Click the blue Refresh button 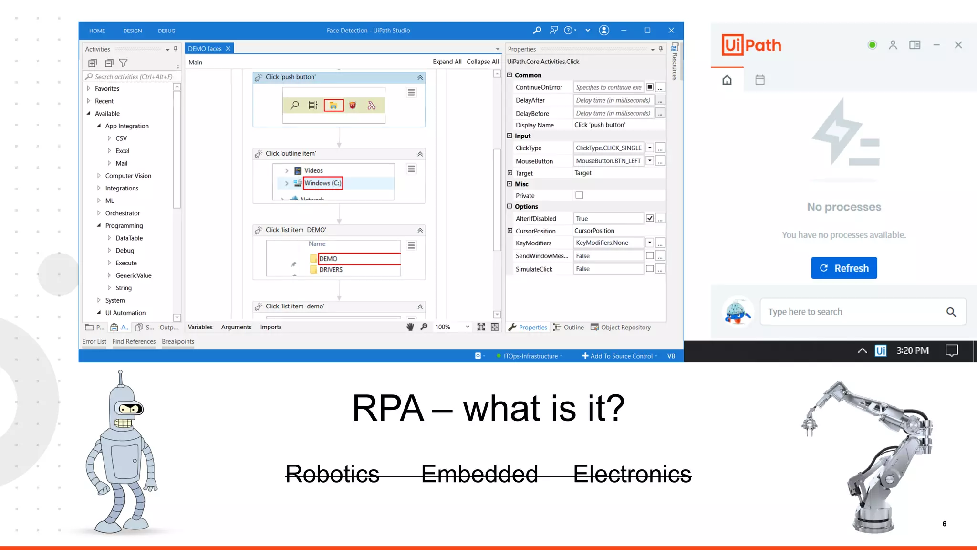tap(843, 268)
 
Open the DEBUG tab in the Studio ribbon tap(166, 31)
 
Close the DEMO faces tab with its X tap(229, 49)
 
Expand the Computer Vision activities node tap(99, 176)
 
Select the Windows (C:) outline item tap(322, 183)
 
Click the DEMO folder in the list tap(328, 259)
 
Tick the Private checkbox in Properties tap(579, 195)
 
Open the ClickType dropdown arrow tap(650, 148)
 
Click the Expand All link tap(447, 62)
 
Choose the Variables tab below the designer tap(200, 327)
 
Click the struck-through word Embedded tap(479, 474)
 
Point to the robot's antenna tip tap(120, 372)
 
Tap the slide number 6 tap(944, 524)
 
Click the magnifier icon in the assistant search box tap(951, 312)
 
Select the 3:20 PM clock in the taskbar tap(912, 351)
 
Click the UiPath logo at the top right tap(751, 45)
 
